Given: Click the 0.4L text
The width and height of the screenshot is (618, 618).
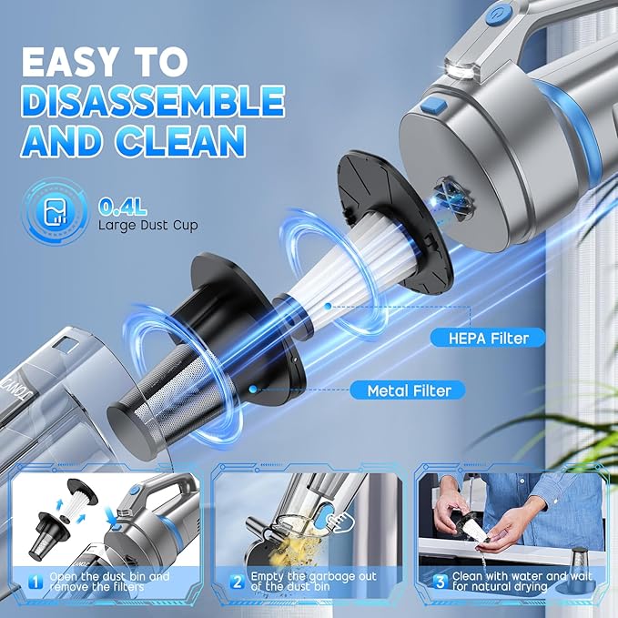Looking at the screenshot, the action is tap(123, 206).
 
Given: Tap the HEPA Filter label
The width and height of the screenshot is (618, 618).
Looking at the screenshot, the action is tap(488, 339).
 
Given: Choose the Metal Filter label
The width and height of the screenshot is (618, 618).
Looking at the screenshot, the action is tap(409, 390).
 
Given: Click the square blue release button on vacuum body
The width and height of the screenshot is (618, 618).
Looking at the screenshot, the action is tap(433, 106).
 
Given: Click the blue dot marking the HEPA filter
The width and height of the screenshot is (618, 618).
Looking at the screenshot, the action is tap(328, 306).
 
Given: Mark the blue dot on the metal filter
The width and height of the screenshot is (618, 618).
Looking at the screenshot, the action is tap(253, 390).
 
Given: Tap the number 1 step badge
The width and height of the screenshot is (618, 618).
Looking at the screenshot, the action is tap(35, 582).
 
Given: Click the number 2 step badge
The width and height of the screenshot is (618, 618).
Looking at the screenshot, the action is tap(237, 582).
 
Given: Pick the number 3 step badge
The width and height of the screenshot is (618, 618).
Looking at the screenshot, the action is tap(440, 582).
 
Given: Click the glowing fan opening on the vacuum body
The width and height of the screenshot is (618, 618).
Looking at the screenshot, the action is tap(451, 198).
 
